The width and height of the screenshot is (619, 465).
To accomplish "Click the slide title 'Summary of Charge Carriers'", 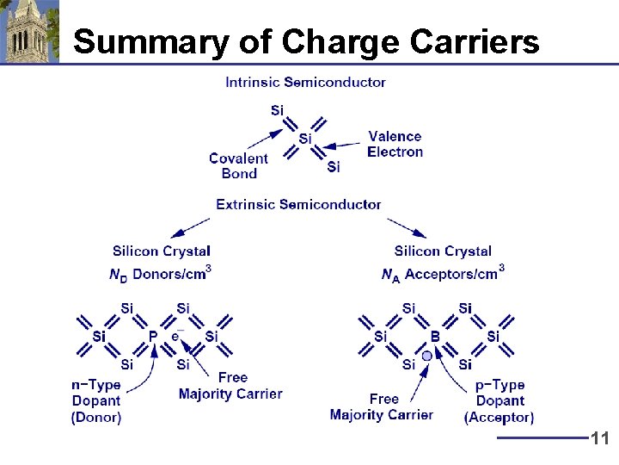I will click(306, 40).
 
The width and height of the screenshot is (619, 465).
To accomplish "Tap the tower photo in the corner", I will click(29, 32).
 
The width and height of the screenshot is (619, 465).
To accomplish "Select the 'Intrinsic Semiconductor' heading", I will click(305, 83).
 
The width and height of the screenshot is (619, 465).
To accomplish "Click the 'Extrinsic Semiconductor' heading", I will click(298, 204).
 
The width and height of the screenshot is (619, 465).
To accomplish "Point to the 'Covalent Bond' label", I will click(238, 165).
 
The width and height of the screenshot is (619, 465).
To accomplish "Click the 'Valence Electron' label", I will click(395, 144).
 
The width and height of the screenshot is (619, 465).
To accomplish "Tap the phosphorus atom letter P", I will click(153, 337).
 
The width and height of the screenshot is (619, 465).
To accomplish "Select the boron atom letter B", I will click(435, 337).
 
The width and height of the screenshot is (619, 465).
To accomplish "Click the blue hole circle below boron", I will click(426, 356).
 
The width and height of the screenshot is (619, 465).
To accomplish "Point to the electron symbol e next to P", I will click(175, 336).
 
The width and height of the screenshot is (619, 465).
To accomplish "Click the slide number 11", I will click(600, 439).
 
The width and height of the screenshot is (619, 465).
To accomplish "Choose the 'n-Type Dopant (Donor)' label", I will click(96, 401).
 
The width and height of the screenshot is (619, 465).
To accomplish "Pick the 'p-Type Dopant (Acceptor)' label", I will click(499, 401).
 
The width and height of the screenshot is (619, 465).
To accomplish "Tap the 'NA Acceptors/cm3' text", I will click(443, 274).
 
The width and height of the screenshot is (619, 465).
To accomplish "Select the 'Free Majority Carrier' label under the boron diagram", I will click(381, 406).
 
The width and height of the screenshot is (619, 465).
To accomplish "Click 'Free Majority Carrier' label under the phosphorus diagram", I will click(230, 386).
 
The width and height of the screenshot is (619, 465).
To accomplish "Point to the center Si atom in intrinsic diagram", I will click(305, 139).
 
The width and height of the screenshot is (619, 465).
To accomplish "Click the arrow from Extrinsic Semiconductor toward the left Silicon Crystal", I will click(190, 227).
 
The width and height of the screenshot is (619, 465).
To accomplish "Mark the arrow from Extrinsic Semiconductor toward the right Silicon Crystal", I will click(406, 227).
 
